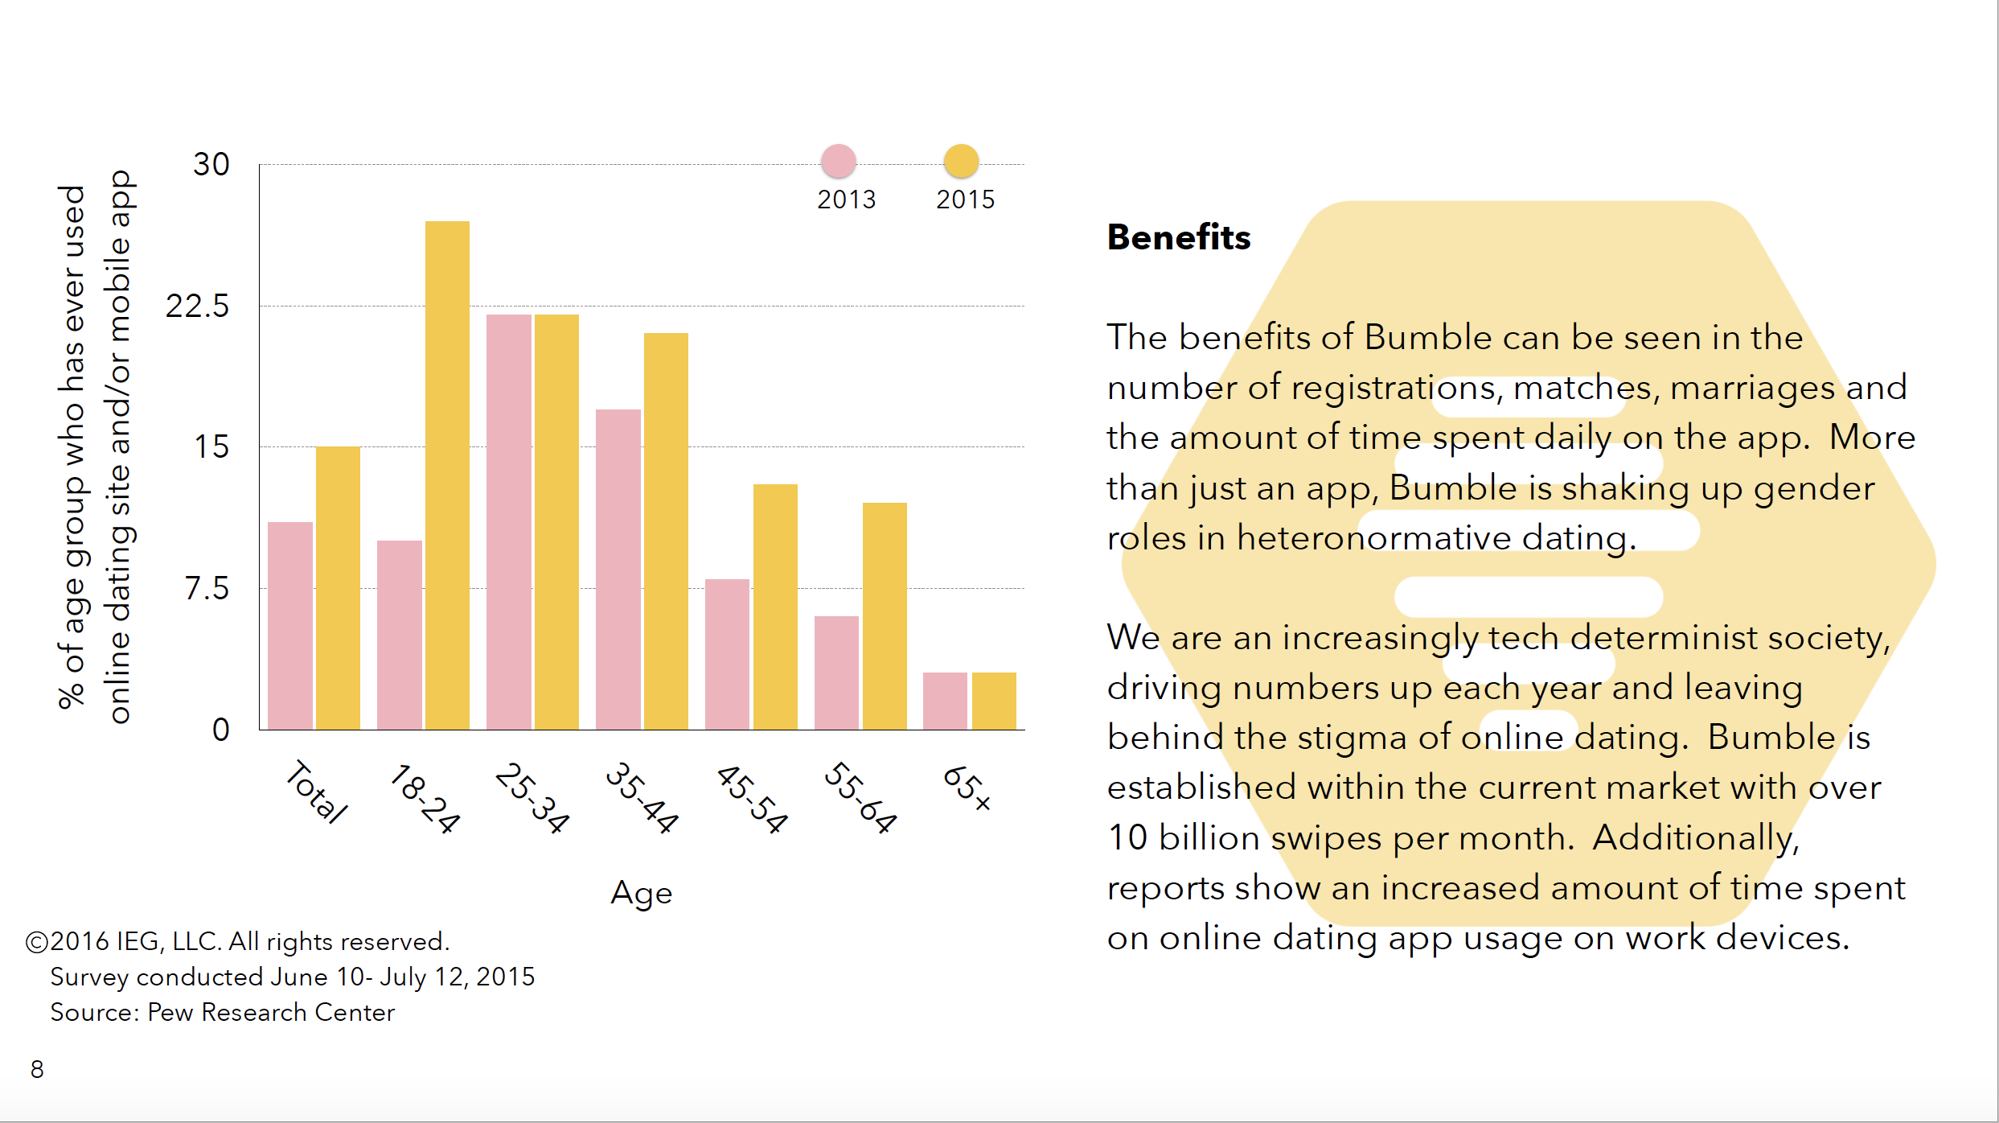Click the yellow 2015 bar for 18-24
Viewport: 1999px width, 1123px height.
click(447, 475)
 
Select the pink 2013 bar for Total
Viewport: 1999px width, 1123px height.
click(289, 626)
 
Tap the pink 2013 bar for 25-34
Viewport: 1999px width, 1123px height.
click(508, 522)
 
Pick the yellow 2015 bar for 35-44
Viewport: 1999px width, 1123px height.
click(666, 531)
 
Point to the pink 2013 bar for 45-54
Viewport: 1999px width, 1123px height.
click(727, 654)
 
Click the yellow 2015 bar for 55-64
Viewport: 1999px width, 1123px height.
click(885, 616)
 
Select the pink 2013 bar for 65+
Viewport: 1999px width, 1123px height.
click(945, 701)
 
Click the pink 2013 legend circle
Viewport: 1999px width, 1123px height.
click(838, 161)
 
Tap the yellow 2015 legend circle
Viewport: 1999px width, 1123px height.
click(961, 161)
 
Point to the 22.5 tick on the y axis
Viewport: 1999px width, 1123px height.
click(198, 306)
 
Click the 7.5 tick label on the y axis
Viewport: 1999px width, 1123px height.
click(207, 589)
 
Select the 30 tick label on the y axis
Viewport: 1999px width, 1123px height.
click(211, 165)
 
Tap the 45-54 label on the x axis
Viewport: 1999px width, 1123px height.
click(752, 799)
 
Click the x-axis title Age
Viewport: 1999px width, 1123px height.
click(641, 893)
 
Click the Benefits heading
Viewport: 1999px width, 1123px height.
click(1179, 237)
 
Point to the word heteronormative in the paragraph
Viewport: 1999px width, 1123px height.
click(1374, 538)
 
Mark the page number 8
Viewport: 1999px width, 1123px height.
click(37, 1069)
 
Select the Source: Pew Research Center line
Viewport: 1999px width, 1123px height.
click(223, 1012)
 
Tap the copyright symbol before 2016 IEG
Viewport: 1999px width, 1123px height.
click(37, 942)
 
